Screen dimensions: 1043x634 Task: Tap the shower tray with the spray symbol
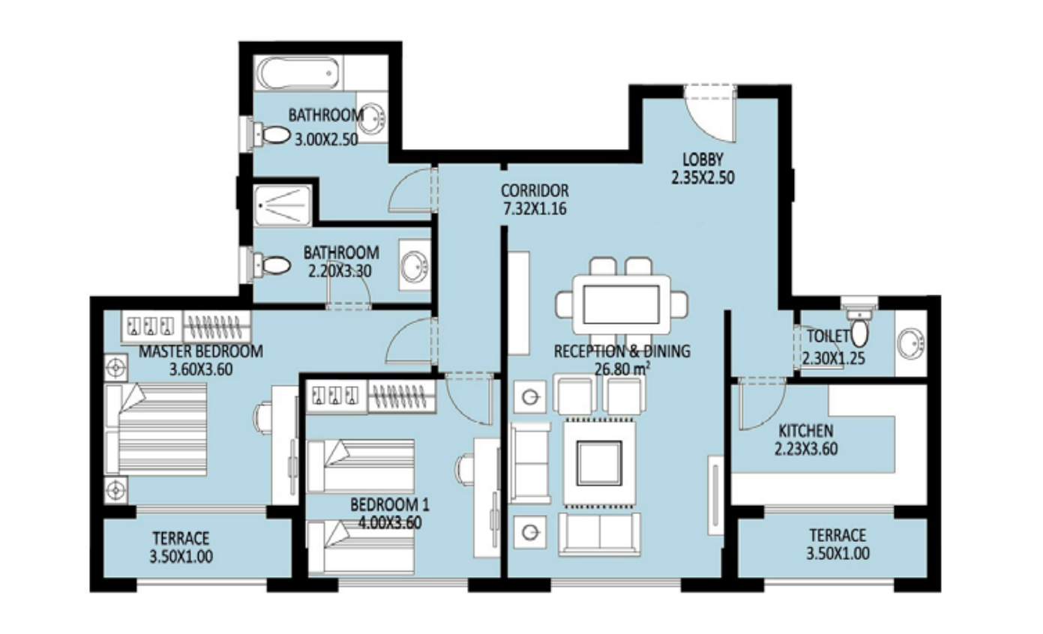click(283, 205)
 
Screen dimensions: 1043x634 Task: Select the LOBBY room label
click(703, 160)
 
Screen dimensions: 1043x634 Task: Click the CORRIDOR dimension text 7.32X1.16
click(535, 208)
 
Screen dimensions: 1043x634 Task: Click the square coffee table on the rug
click(599, 464)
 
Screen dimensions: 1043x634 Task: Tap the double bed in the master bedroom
click(157, 429)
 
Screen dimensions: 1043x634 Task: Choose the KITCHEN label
click(806, 431)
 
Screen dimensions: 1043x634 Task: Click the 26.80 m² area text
click(622, 369)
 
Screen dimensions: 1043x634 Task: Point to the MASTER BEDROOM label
click(201, 351)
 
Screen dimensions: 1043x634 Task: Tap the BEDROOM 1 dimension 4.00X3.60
click(390, 523)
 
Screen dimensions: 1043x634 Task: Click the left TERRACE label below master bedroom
click(181, 538)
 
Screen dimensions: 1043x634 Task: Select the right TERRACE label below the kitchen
click(838, 535)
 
